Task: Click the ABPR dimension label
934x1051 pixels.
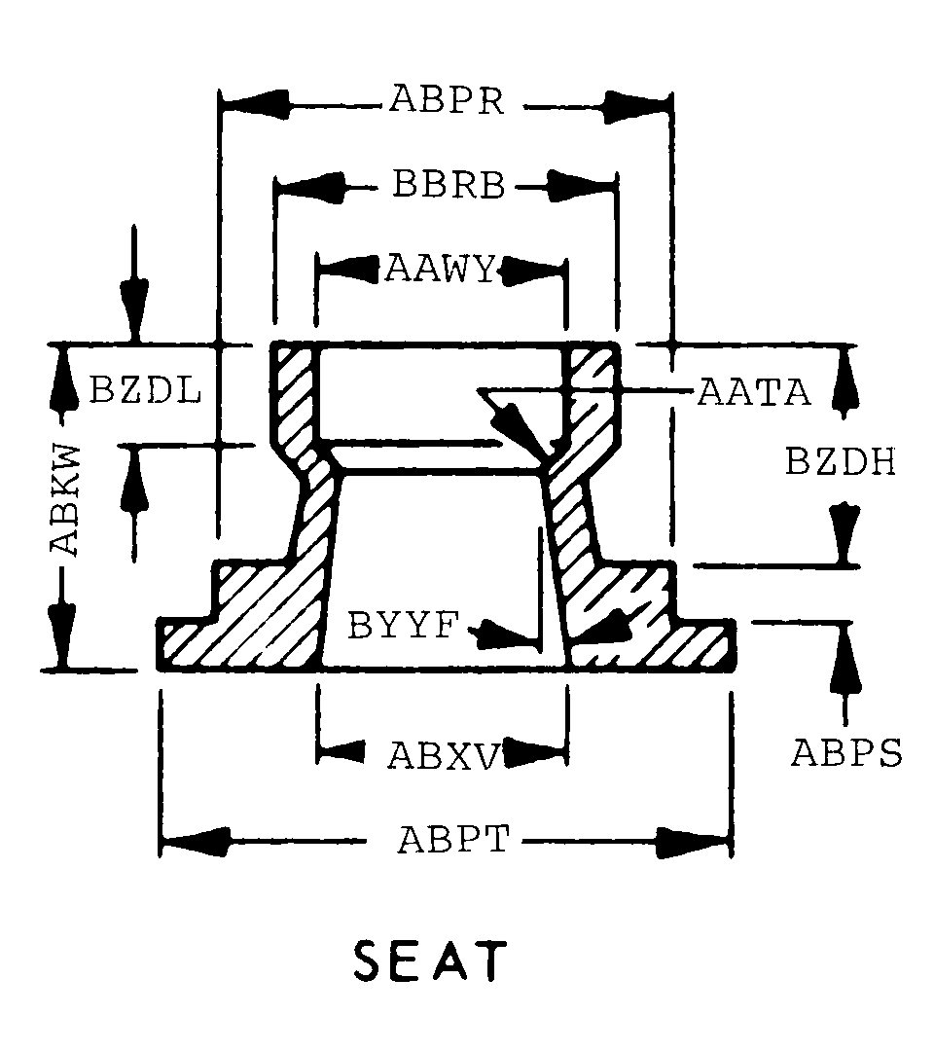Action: pyautogui.click(x=447, y=100)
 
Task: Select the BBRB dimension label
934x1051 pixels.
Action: pyautogui.click(x=449, y=185)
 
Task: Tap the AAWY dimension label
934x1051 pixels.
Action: pyautogui.click(x=441, y=267)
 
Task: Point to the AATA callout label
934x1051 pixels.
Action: pyautogui.click(x=754, y=393)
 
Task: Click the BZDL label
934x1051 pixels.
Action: pyautogui.click(x=146, y=391)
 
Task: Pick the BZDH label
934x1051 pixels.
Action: pyautogui.click(x=840, y=462)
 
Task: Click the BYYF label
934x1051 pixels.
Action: pyautogui.click(x=401, y=626)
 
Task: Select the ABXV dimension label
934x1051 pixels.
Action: pyautogui.click(x=444, y=754)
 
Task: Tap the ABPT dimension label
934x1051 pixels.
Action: pyautogui.click(x=452, y=839)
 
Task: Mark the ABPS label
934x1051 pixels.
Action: pyautogui.click(x=846, y=752)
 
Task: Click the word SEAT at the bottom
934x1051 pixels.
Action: pyautogui.click(x=431, y=960)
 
